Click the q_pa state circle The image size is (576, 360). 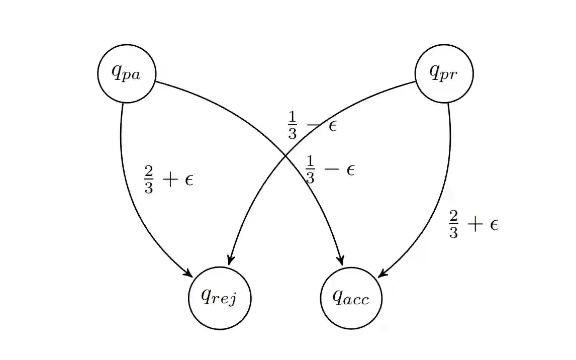pyautogui.click(x=127, y=74)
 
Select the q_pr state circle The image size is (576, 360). pyautogui.click(x=444, y=74)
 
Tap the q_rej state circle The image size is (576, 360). pyautogui.click(x=220, y=298)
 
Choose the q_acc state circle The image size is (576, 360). pyautogui.click(x=351, y=298)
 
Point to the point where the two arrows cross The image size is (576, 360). pyautogui.click(x=286, y=155)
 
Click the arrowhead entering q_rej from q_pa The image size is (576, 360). pyautogui.click(x=188, y=274)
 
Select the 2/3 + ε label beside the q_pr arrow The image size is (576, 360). pyautogui.click(x=473, y=225)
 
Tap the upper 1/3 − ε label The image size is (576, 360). pyautogui.click(x=312, y=125)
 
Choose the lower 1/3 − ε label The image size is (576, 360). pyautogui.click(x=330, y=169)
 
